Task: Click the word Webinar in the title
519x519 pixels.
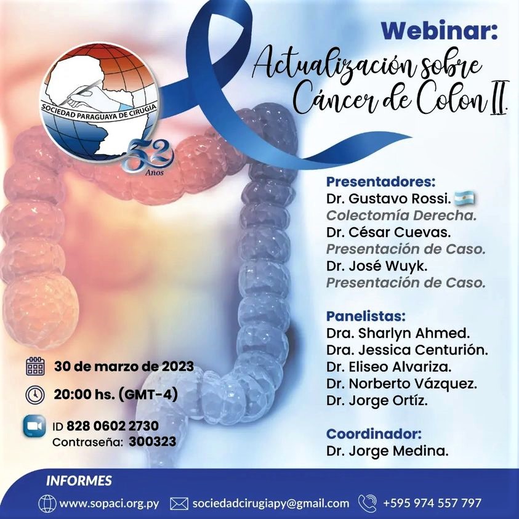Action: [x=439, y=31]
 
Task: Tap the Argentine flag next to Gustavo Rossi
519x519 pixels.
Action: [x=464, y=198]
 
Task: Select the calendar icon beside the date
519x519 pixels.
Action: [x=35, y=366]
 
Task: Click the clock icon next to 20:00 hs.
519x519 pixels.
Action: [x=35, y=395]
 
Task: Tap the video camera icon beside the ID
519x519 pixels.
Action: [x=34, y=426]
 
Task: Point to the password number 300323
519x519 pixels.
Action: [x=152, y=441]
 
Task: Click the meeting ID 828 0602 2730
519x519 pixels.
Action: [x=113, y=425]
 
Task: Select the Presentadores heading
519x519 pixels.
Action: [x=380, y=182]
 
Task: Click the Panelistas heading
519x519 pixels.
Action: [x=366, y=316]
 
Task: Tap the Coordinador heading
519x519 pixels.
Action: [x=374, y=433]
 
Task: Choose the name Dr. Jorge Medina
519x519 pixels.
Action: [x=387, y=451]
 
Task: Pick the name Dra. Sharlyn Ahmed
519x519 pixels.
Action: [x=398, y=333]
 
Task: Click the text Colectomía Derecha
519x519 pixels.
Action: [x=401, y=215]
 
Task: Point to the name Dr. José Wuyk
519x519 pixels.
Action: [x=377, y=266]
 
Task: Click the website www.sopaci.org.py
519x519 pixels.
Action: [x=109, y=504]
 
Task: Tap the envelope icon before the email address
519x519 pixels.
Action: [x=179, y=504]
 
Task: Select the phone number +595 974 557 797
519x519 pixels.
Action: [x=432, y=503]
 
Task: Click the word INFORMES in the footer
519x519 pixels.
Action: [x=79, y=481]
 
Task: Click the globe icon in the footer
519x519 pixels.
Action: [x=47, y=504]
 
